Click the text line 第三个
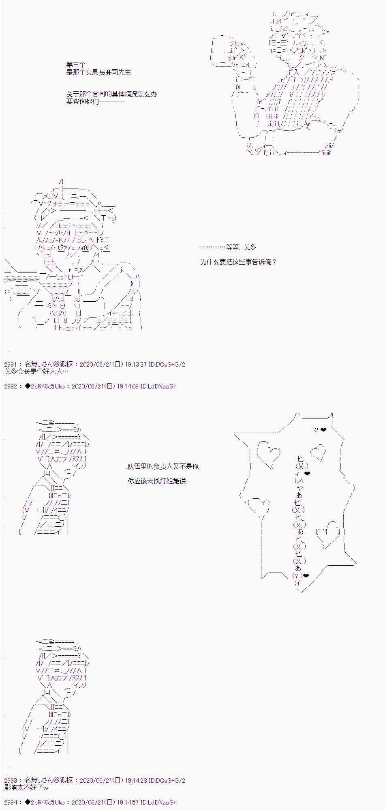(x=76, y=64)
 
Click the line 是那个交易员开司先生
(x=98, y=72)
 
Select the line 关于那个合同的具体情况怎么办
(x=112, y=94)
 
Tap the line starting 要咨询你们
(x=96, y=101)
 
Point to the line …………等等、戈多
(x=228, y=247)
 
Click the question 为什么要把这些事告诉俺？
(x=238, y=262)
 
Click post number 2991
(x=11, y=364)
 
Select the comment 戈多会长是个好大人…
(x=36, y=371)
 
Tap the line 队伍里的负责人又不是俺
(x=163, y=466)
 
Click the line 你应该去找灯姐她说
(x=159, y=481)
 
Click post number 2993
(x=11, y=780)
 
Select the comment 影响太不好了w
(x=26, y=787)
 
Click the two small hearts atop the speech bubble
(x=320, y=430)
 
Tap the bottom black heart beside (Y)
(x=306, y=575)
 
